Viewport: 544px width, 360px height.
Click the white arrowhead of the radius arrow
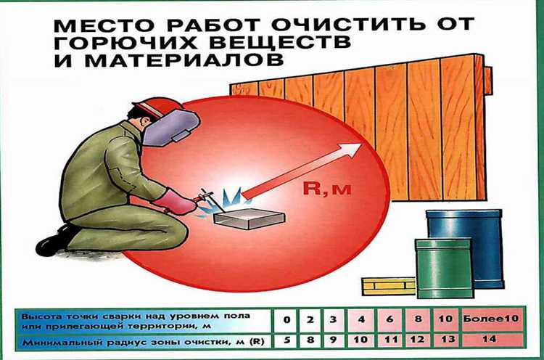352,150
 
